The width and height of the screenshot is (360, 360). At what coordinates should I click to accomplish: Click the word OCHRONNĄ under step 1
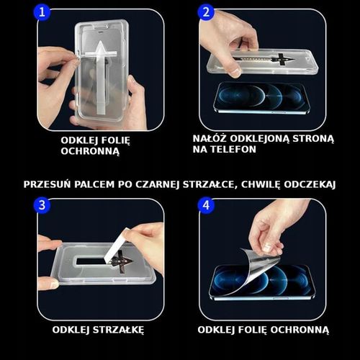[x=90, y=152]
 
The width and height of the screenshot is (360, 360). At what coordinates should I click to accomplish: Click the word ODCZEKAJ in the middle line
[x=310, y=184]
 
